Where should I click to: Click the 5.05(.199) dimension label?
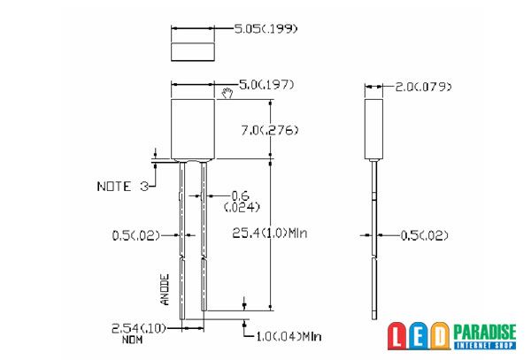tap(265, 29)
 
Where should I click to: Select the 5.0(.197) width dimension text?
tap(266, 84)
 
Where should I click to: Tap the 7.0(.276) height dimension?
tap(270, 130)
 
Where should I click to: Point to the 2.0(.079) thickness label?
tap(423, 87)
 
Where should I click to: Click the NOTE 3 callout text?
tap(123, 187)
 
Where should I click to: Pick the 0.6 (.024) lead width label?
tap(242, 201)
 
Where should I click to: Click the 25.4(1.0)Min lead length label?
tap(270, 234)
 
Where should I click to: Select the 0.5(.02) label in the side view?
tap(424, 235)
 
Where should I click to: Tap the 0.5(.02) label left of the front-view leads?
tap(135, 235)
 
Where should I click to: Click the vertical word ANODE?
tap(165, 289)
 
